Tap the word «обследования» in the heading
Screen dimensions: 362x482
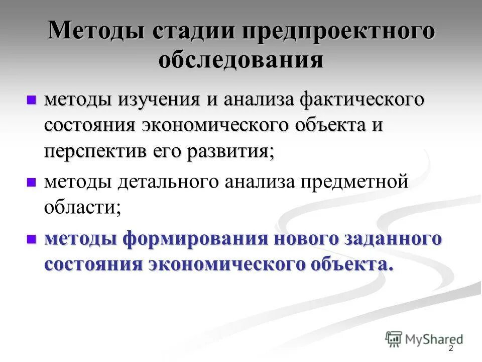coord(241,60)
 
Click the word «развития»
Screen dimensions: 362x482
coord(231,151)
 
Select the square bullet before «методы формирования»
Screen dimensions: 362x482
coord(32,238)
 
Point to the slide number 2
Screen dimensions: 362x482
coord(450,348)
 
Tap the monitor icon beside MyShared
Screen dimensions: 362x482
coord(394,338)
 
